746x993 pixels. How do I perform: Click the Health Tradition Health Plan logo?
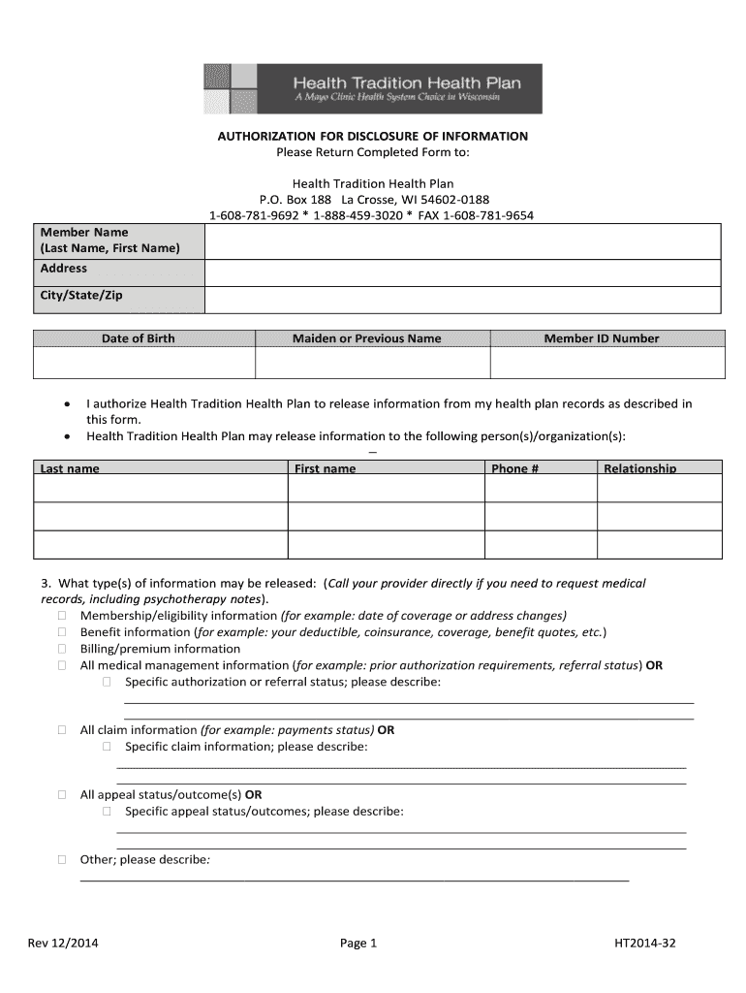372,89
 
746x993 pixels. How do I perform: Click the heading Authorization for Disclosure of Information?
372,136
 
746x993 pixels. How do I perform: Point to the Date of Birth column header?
139,338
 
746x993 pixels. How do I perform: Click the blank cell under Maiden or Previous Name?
372,363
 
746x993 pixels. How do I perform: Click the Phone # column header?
510,468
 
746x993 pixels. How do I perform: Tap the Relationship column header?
639,468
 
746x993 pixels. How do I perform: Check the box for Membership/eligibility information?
61,616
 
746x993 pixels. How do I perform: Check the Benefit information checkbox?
61,632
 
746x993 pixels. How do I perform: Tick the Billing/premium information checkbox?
61,649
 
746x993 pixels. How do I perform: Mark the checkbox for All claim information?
61,730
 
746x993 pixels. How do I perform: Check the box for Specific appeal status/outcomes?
107,812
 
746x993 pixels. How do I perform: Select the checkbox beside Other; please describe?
61,860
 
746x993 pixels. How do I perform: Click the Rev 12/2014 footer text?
62,944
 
